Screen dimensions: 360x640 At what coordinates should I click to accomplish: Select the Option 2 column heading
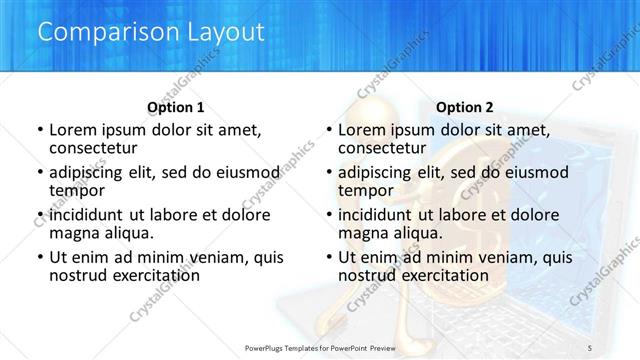465,107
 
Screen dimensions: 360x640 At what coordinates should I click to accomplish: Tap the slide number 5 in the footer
590,346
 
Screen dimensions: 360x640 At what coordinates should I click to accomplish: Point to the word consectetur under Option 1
94,148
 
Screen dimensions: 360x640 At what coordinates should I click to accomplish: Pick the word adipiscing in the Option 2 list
376,172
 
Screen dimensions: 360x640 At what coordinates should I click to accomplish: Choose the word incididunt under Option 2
378,215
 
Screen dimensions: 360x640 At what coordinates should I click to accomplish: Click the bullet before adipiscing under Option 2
328,172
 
